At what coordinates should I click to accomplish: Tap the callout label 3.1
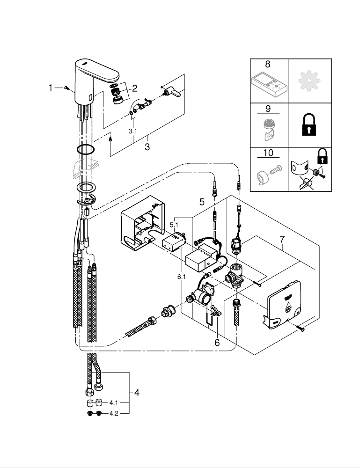coord(133,132)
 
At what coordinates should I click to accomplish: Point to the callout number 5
coord(202,202)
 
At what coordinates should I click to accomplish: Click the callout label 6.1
coord(181,277)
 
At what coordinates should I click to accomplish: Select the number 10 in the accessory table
coord(268,153)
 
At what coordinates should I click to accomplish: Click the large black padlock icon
coord(309,124)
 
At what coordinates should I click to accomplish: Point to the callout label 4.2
coord(114,414)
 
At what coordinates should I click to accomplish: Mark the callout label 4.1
coord(114,402)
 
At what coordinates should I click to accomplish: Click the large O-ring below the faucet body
coord(86,150)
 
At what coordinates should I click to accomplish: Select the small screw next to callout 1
coord(66,88)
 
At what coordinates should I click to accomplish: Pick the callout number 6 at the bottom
coord(217,343)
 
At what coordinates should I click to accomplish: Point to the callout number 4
coord(136,393)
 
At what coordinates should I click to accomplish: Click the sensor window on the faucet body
coord(88,98)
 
